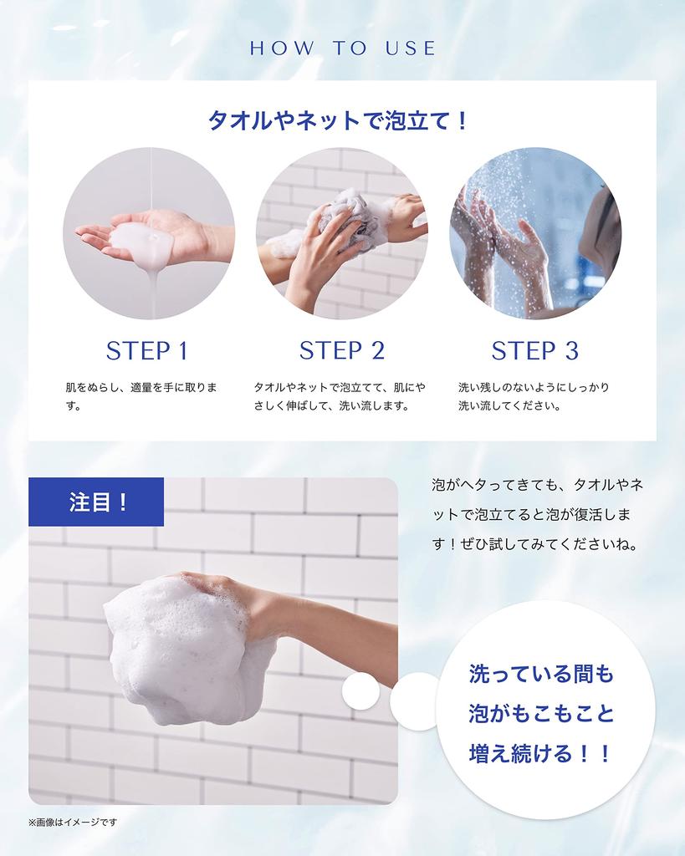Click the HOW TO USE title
coord(343,48)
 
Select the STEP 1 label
coord(147,350)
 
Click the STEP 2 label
coord(341,350)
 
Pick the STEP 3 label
coord(534,350)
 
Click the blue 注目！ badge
coord(97,502)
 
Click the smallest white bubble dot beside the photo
coord(360,692)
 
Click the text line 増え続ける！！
coord(540,754)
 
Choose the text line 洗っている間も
coord(540,674)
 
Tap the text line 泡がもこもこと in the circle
coord(540,714)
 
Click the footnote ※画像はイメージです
coord(73,823)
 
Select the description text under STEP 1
coord(141,397)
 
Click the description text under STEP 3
coord(533,397)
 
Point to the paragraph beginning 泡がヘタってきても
coord(537,514)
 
